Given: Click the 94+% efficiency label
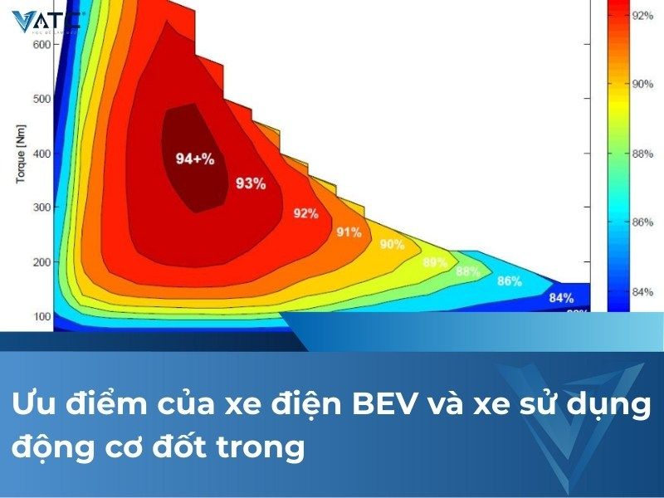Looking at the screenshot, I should [195, 158].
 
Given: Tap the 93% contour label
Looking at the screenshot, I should [251, 183].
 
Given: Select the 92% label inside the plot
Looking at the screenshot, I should [305, 213].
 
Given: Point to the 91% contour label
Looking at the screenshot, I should [349, 232].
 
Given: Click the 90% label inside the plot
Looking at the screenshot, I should [392, 245].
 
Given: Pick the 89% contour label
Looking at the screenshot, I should [435, 262].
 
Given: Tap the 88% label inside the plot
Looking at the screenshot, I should [468, 271].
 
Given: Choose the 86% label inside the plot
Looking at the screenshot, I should [509, 281].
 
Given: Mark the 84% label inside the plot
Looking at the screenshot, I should [561, 298].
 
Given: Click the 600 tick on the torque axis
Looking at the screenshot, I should [41, 44].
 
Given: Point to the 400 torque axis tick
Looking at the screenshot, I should [41, 154].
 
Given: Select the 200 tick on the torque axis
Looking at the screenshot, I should [41, 262].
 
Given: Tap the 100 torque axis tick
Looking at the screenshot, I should [41, 316].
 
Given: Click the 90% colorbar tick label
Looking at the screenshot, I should [643, 84].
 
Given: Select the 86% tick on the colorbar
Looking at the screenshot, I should [643, 222].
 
